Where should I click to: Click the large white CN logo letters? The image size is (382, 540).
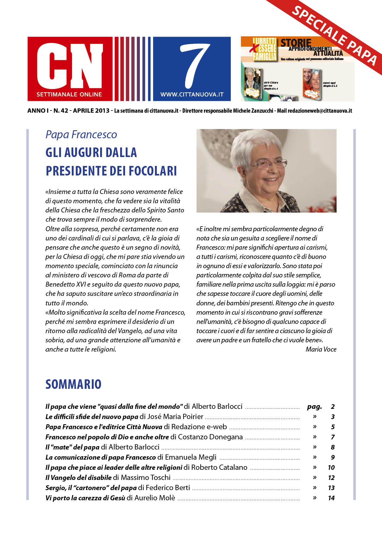pos(70,65)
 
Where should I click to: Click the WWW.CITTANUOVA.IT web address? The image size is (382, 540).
pos(192,95)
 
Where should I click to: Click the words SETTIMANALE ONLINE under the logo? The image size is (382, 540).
pos(69,94)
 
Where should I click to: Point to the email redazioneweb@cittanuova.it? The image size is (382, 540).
pos(320,111)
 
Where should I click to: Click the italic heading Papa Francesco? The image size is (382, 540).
pos(81,135)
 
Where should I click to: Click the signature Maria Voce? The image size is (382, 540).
pos(321,349)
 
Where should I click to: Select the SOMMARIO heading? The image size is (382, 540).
pos(73,384)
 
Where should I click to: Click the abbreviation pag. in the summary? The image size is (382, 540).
pos(314,406)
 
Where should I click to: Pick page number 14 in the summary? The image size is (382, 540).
pos(331,498)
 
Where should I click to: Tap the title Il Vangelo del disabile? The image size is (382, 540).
pos(79,478)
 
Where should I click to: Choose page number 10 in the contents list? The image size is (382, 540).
pos(331,467)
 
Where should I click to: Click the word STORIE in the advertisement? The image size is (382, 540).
pos(296,43)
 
